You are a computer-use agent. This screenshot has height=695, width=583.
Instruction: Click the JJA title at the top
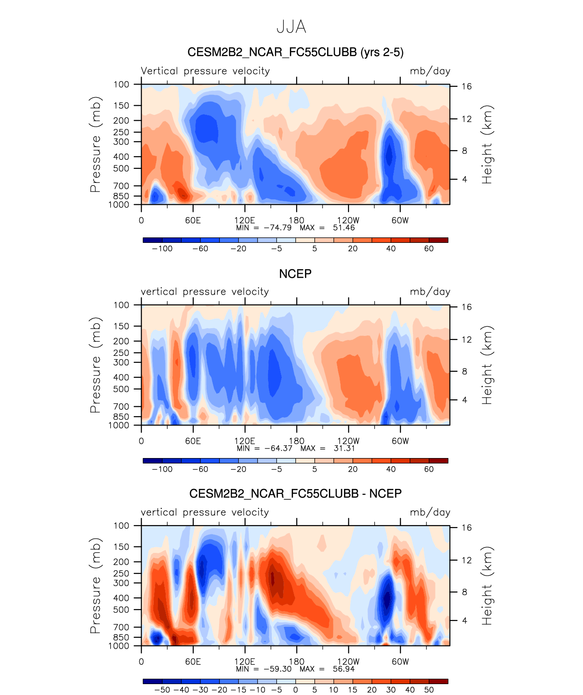pyautogui.click(x=291, y=27)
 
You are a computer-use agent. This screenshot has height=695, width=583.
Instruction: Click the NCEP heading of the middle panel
pyautogui.click(x=295, y=274)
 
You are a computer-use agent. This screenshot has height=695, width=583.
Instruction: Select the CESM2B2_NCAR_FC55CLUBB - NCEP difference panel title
pyautogui.click(x=295, y=493)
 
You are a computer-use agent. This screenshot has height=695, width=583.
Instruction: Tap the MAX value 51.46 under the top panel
pyautogui.click(x=343, y=227)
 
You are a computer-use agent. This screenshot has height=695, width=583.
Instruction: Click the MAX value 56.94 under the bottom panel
pyautogui.click(x=343, y=669)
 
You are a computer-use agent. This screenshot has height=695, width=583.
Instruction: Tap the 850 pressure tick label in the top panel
pyautogui.click(x=121, y=196)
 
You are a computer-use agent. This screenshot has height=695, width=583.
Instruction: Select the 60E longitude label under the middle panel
pyautogui.click(x=193, y=441)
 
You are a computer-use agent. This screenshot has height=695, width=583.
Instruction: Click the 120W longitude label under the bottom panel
pyautogui.click(x=348, y=661)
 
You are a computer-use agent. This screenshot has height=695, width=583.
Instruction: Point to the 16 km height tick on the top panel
pyautogui.click(x=467, y=86)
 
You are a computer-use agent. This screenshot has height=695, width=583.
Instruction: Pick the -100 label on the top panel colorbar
pyautogui.click(x=162, y=248)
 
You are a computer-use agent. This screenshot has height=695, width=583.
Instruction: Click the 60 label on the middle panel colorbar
pyautogui.click(x=429, y=469)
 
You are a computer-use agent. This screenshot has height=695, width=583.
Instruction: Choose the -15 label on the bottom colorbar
pyautogui.click(x=238, y=690)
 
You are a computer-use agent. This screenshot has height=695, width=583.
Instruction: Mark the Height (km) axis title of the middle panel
pyautogui.click(x=487, y=365)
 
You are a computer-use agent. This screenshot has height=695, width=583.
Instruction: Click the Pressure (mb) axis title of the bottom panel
pyautogui.click(x=95, y=586)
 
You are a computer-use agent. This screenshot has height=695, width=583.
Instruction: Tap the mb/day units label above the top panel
pyautogui.click(x=430, y=71)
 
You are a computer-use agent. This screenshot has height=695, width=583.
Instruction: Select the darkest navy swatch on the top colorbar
pyautogui.click(x=152, y=240)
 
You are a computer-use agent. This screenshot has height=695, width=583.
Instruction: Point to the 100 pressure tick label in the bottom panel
pyautogui.click(x=121, y=526)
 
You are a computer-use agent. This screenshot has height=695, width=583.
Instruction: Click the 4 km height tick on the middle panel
pyautogui.click(x=465, y=400)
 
